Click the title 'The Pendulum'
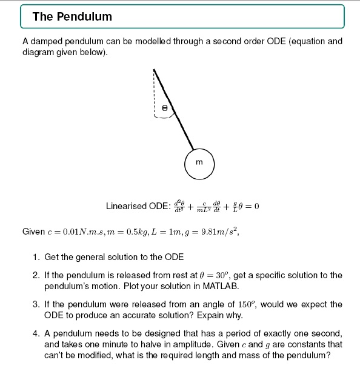tap(72, 17)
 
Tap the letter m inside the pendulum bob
tap(198, 162)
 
